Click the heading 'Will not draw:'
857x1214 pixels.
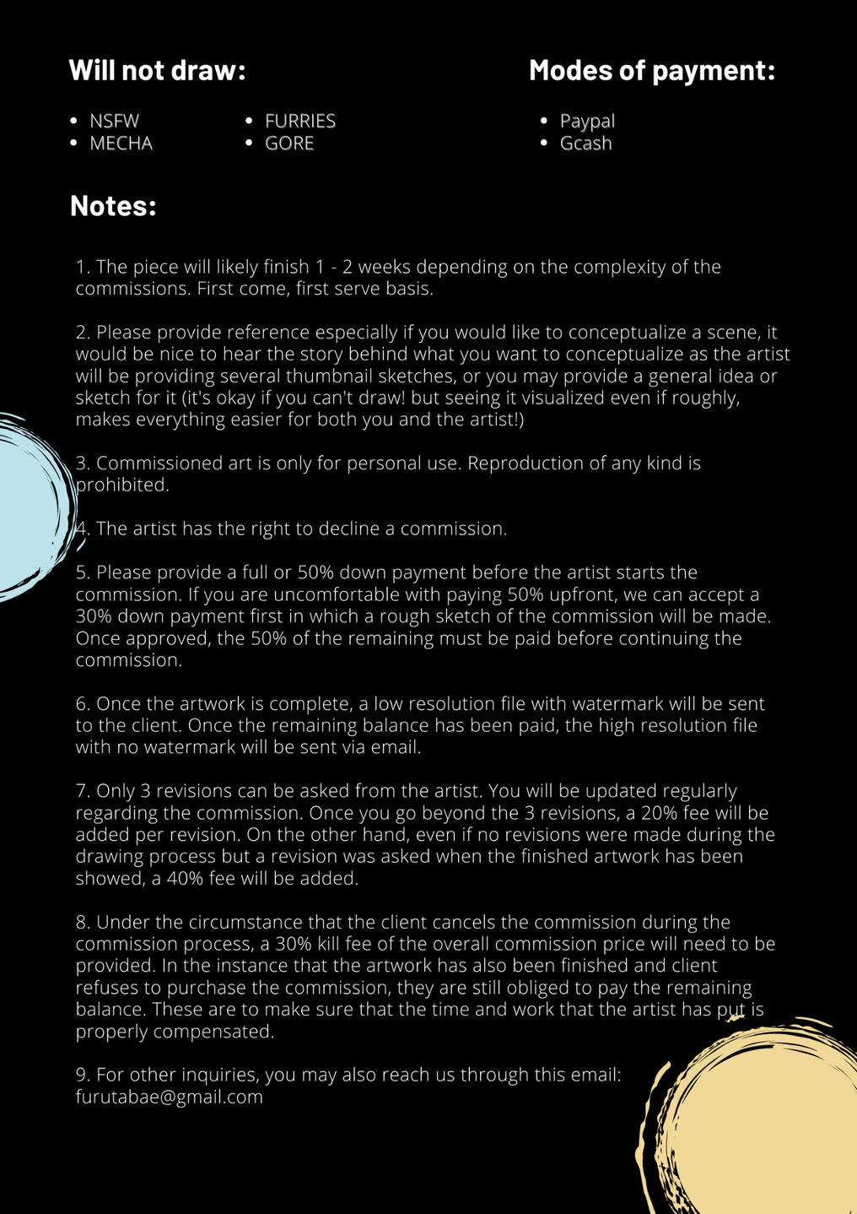click(157, 70)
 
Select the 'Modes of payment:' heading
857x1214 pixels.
click(651, 70)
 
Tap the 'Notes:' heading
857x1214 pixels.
click(113, 205)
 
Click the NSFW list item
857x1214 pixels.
click(114, 121)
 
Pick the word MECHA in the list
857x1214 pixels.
click(121, 144)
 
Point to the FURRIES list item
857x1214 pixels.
click(299, 121)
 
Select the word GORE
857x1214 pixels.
click(288, 144)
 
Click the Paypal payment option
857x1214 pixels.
click(587, 121)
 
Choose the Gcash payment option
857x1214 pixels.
click(585, 144)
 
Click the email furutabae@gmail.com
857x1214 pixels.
click(169, 1097)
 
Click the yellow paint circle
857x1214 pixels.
click(759, 1123)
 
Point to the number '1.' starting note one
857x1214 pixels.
click(83, 267)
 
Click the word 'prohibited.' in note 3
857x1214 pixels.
click(123, 485)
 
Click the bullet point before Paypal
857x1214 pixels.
click(544, 121)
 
